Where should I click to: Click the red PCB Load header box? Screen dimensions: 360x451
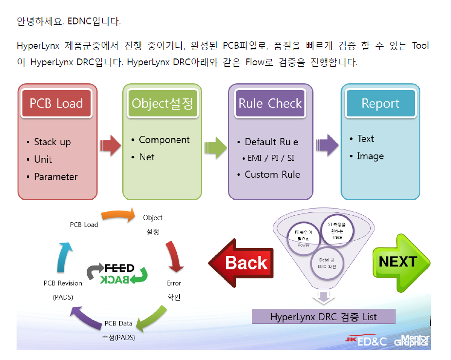pos(56,103)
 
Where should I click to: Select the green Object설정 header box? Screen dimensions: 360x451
pos(162,103)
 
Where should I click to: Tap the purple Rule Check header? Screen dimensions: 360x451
pos(270,103)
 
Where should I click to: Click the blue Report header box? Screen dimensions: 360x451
pos(380,103)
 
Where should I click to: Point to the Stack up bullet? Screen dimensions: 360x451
pos(52,142)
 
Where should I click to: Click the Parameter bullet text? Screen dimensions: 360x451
pos(56,177)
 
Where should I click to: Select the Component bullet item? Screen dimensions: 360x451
pos(164,140)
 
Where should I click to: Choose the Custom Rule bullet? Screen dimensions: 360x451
pos(272,174)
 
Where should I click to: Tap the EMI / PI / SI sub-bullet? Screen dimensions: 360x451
pos(271,158)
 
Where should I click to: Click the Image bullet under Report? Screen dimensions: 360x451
pos(370,156)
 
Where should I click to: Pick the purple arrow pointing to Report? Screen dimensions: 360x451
pos(328,146)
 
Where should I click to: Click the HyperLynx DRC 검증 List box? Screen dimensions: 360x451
pos(323,317)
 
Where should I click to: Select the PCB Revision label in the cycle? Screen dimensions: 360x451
pos(63,283)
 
